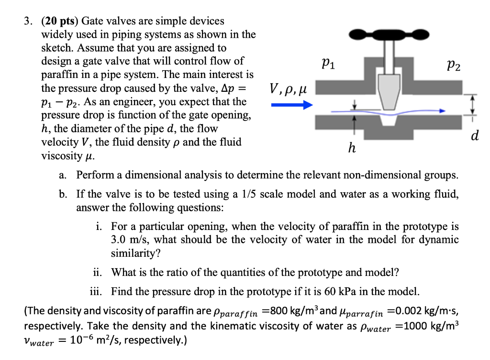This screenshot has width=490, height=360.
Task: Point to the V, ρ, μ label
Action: click(x=287, y=88)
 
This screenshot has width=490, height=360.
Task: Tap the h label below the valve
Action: click(x=352, y=149)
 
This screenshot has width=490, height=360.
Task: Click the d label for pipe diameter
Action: click(x=474, y=136)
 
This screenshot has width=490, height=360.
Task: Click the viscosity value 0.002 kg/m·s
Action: click(x=426, y=313)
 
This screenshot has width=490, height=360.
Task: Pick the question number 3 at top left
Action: click(x=29, y=22)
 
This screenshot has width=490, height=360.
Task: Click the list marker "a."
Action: click(x=63, y=175)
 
